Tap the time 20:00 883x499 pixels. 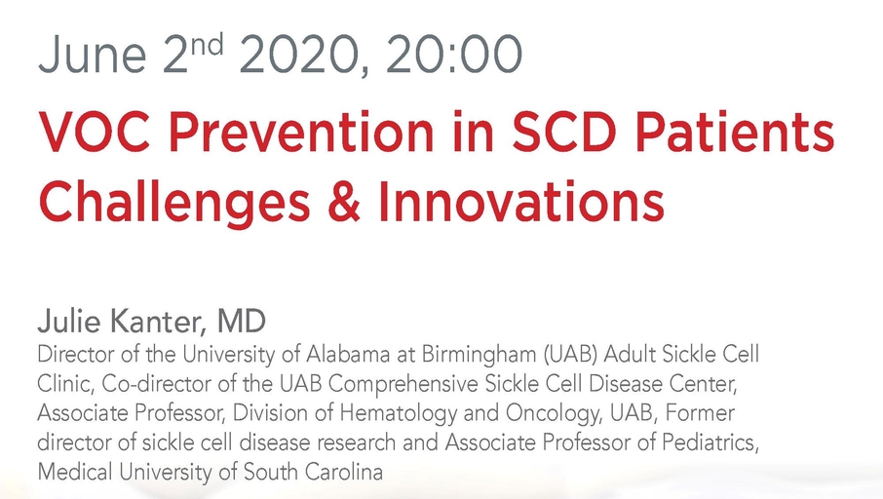pos(454,54)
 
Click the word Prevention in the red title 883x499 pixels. pos(301,133)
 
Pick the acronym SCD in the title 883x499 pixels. pos(566,133)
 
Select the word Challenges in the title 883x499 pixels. pos(174,203)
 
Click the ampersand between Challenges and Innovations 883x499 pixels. pos(343,202)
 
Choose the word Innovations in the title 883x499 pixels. pos(520,202)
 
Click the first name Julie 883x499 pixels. pos(68,322)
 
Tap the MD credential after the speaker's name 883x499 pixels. pos(241,322)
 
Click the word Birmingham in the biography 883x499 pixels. pos(480,356)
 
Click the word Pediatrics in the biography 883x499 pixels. pos(710,442)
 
